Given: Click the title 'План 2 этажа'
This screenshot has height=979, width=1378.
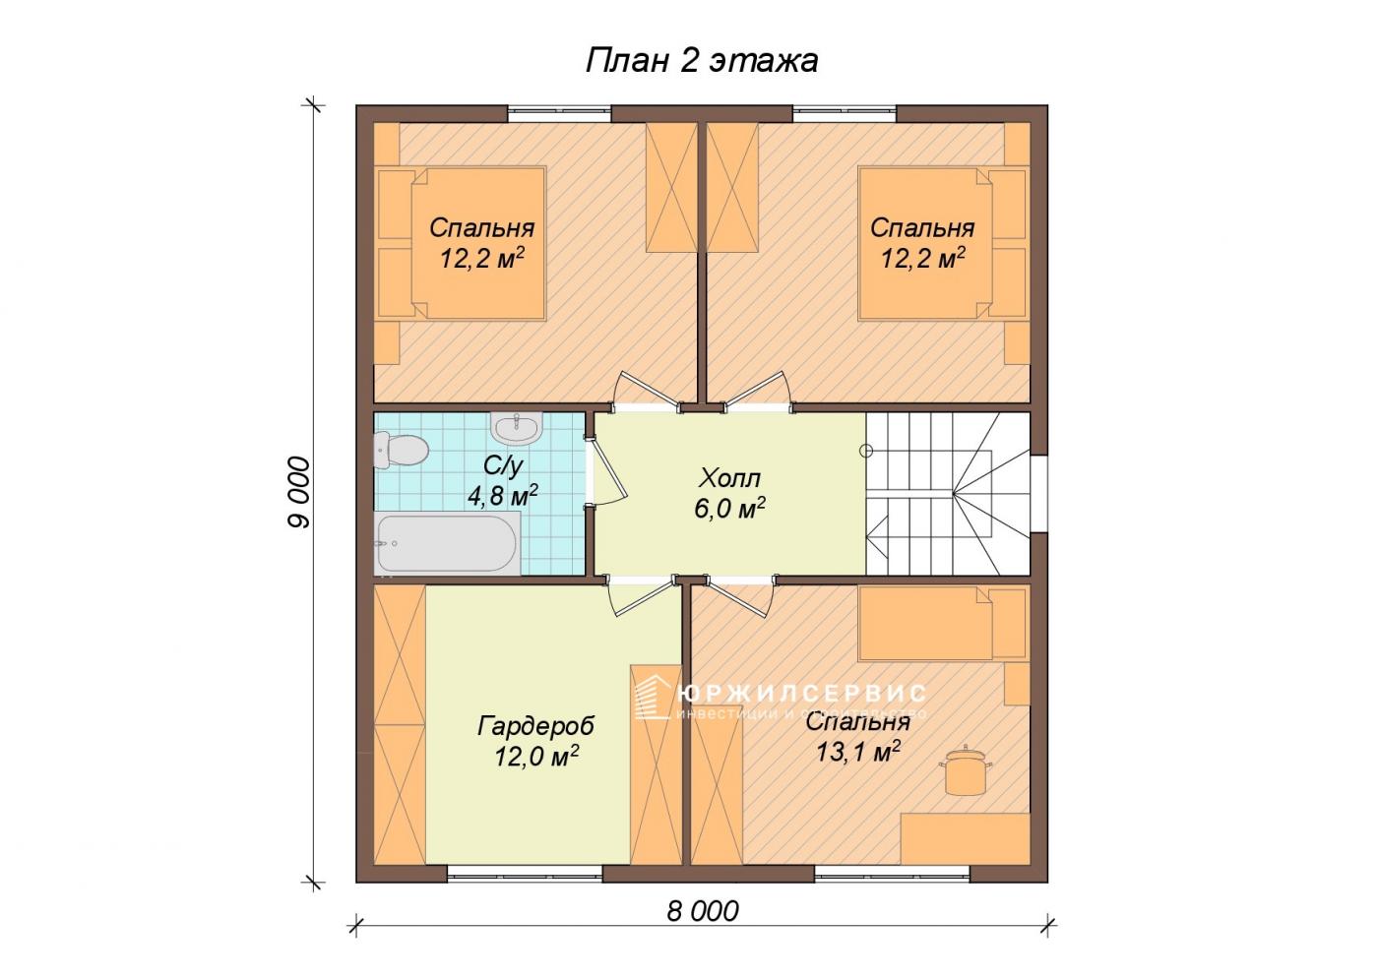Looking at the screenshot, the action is click(701, 61).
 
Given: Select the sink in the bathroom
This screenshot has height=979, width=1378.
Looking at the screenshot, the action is click(516, 427).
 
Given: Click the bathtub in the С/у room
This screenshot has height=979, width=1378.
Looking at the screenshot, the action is click(447, 543).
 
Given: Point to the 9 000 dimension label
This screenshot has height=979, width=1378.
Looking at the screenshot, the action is click(299, 491).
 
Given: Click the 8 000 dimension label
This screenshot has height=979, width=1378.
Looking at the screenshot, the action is click(703, 911).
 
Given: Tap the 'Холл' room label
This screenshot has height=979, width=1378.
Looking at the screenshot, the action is click(729, 478).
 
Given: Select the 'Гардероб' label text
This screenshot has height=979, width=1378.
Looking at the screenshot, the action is click(535, 726).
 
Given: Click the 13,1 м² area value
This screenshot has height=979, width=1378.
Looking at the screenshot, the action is click(858, 751).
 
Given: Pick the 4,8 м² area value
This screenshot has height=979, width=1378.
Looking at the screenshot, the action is click(503, 495).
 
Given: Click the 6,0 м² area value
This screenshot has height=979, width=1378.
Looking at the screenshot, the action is click(729, 508).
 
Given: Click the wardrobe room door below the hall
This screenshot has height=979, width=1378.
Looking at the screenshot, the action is click(642, 595).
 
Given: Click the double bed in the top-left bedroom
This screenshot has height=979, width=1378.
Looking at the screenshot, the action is click(462, 244).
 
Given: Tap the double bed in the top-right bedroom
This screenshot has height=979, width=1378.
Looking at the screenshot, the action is click(943, 244).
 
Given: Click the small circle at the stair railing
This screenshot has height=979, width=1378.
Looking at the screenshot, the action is click(866, 451).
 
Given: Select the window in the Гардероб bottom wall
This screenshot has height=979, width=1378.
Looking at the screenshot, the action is click(525, 874).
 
